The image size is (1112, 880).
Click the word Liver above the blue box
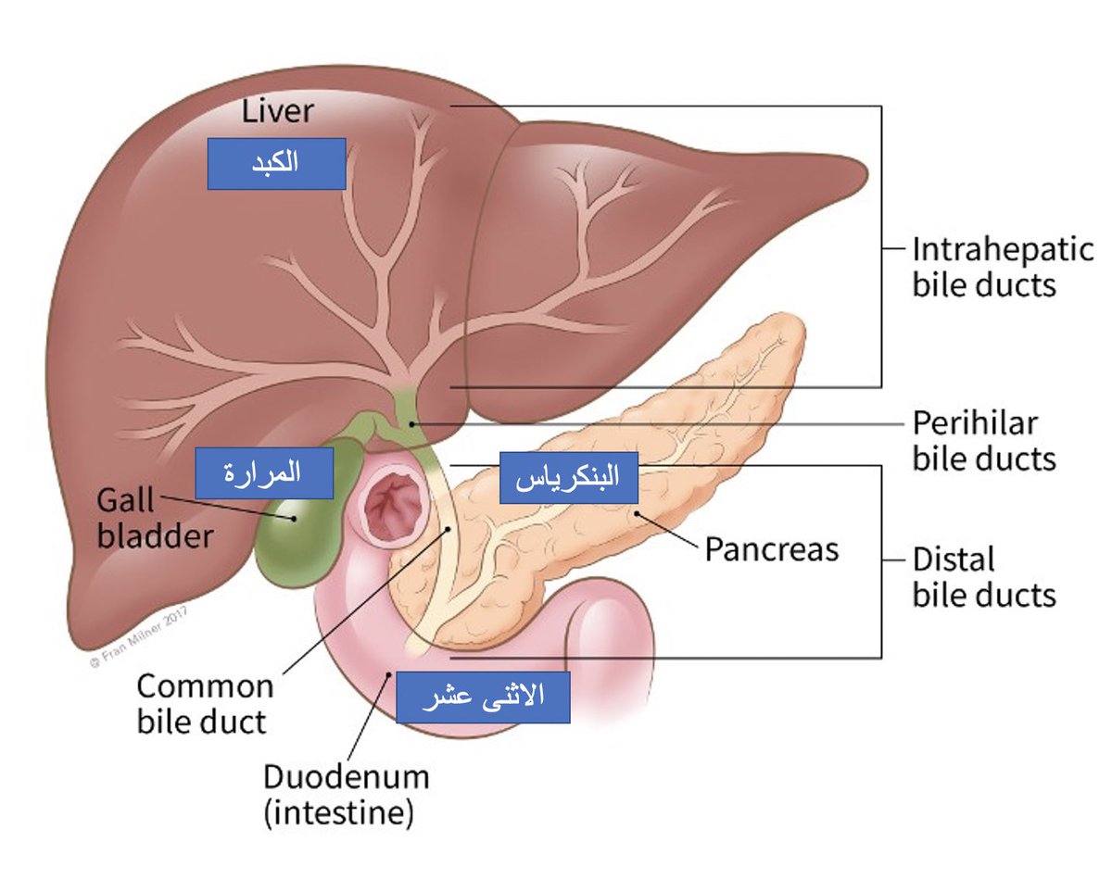278,111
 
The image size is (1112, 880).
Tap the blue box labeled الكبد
276,164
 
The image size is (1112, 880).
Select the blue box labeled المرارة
264,472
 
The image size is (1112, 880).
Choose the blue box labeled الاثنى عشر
482,698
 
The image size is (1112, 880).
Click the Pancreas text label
771,549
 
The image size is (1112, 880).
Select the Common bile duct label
205,703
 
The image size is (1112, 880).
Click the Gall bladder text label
155,519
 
